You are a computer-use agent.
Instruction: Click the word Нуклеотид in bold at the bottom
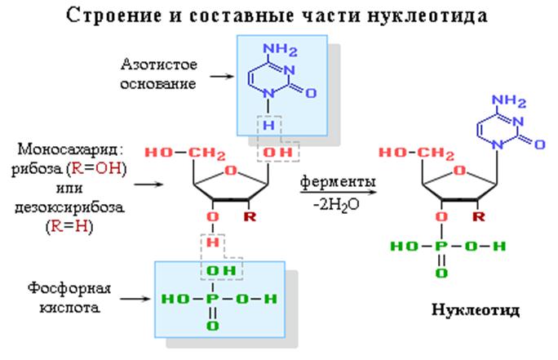[476, 309]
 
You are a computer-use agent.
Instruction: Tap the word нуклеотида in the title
[427, 16]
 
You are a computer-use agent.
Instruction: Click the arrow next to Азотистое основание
[222, 76]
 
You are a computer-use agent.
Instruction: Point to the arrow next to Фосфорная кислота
[135, 299]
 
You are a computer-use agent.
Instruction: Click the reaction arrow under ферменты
[338, 193]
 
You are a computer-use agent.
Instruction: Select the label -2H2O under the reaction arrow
[336, 206]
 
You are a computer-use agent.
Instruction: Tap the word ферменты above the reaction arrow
[338, 181]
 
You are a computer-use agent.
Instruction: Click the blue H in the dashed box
[268, 125]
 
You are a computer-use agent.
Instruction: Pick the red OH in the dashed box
[277, 153]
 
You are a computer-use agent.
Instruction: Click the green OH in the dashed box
[221, 271]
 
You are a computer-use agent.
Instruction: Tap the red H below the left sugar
[213, 242]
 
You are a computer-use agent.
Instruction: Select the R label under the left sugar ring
[250, 216]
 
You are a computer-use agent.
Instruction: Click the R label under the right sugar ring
[479, 216]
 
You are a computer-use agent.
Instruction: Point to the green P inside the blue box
[212, 299]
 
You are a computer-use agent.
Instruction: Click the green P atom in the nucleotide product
[441, 246]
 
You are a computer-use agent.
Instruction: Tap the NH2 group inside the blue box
[280, 50]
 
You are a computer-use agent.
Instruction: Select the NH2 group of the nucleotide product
[509, 100]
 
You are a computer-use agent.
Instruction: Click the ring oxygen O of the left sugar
[231, 171]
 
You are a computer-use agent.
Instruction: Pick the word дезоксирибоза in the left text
[70, 207]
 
